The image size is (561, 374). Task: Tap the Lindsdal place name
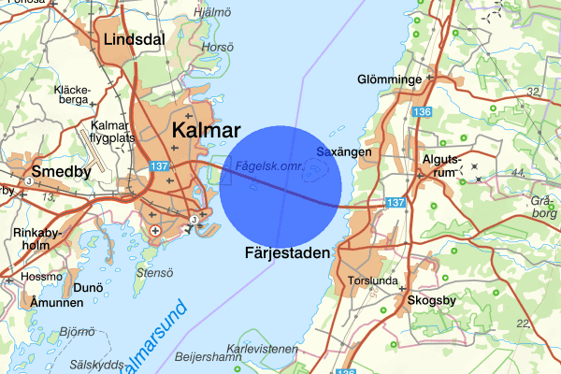(x=134, y=40)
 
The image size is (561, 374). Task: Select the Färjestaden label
(x=288, y=252)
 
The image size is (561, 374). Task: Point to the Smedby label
(x=61, y=171)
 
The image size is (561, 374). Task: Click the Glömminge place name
(x=390, y=79)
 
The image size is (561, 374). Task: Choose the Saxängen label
(x=345, y=151)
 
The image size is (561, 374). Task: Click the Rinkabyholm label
(x=37, y=238)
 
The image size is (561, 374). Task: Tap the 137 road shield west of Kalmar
(x=157, y=166)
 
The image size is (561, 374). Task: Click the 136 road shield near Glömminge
(x=422, y=112)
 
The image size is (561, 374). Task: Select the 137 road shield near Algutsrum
(x=396, y=202)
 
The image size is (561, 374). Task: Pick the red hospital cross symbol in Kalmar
(x=155, y=229)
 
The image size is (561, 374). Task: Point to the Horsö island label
(x=217, y=47)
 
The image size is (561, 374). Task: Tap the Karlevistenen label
(x=268, y=348)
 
